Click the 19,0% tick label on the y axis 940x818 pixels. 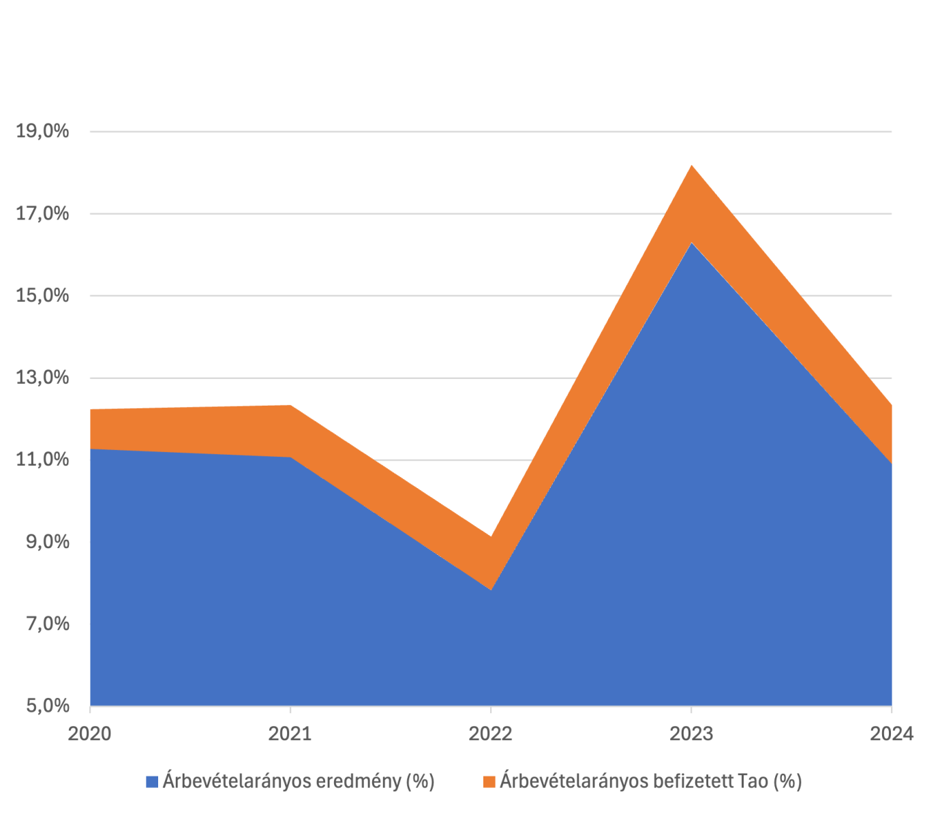pyautogui.click(x=42, y=131)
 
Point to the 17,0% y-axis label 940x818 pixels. pyautogui.click(x=42, y=213)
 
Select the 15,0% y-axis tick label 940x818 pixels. pyautogui.click(x=42, y=295)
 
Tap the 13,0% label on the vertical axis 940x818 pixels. pyautogui.click(x=42, y=377)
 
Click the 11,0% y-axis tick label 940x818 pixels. pyautogui.click(x=42, y=459)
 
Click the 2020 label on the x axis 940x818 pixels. pyautogui.click(x=89, y=733)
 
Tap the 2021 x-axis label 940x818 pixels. pyautogui.click(x=290, y=733)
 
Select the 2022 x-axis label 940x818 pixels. pyautogui.click(x=491, y=733)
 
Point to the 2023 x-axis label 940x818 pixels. pyautogui.click(x=691, y=733)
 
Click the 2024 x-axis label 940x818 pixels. pyautogui.click(x=891, y=733)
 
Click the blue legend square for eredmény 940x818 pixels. pyautogui.click(x=152, y=781)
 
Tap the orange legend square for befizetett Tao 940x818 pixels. pyautogui.click(x=489, y=781)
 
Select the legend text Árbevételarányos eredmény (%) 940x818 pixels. pyautogui.click(x=299, y=781)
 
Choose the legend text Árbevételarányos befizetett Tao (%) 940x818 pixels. pyautogui.click(x=650, y=781)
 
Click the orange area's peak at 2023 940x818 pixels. pyautogui.click(x=691, y=166)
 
